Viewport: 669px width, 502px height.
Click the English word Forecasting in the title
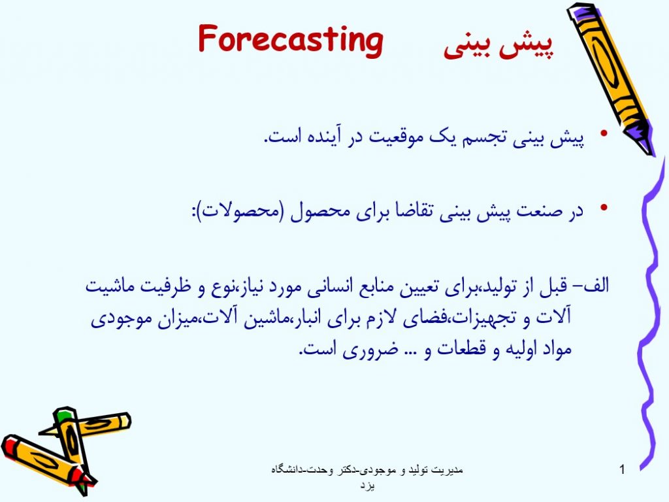tap(291, 40)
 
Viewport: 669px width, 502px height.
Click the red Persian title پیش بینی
tap(498, 45)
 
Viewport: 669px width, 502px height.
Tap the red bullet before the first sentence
tap(603, 133)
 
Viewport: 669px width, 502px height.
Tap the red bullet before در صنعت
tap(603, 207)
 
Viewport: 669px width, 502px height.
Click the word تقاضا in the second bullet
tap(409, 211)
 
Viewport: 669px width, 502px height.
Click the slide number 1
tap(622, 469)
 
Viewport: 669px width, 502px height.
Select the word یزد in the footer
tap(367, 486)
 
